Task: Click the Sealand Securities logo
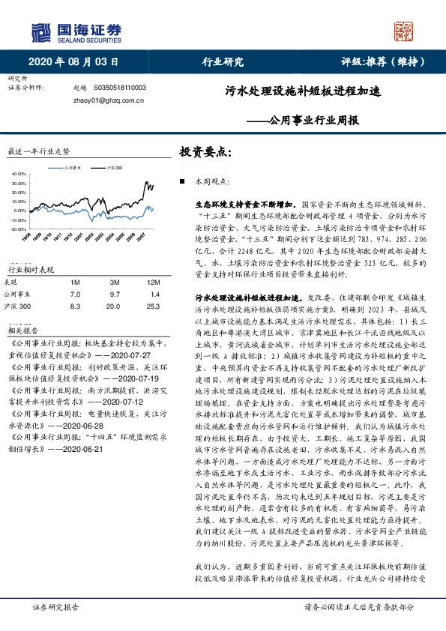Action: [76, 31]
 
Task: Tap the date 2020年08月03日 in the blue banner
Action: [73, 62]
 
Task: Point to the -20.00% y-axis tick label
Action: [17, 229]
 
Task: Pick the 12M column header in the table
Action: [154, 282]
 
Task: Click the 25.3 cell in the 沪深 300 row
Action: [154, 307]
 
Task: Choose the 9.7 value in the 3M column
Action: [114, 295]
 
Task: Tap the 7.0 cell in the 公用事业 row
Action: [74, 295]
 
